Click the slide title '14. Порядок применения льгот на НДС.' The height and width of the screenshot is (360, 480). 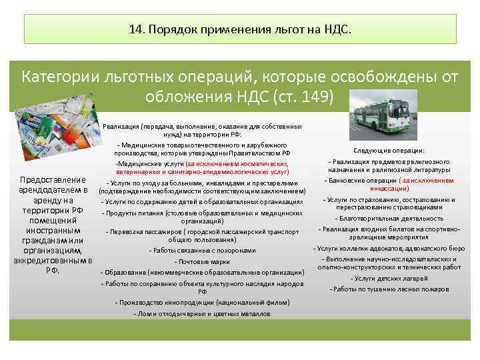tap(239, 30)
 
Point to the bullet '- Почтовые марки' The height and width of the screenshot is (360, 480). tap(202, 261)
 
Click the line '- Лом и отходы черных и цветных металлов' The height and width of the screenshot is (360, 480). tap(202, 313)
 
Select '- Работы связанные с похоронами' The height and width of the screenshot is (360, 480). tap(202, 251)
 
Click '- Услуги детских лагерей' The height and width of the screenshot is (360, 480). tap(390, 278)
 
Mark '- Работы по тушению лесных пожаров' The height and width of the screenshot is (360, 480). tap(390, 289)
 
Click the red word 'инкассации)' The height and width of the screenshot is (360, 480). tap(390, 189)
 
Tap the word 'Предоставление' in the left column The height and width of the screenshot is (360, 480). tap(53, 180)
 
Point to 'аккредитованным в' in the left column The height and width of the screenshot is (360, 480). tap(53, 260)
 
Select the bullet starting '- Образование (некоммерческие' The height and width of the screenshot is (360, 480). tap(202, 272)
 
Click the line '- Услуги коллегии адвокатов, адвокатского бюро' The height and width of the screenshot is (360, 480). tap(390, 249)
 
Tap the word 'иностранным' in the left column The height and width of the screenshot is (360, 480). tap(53, 229)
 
